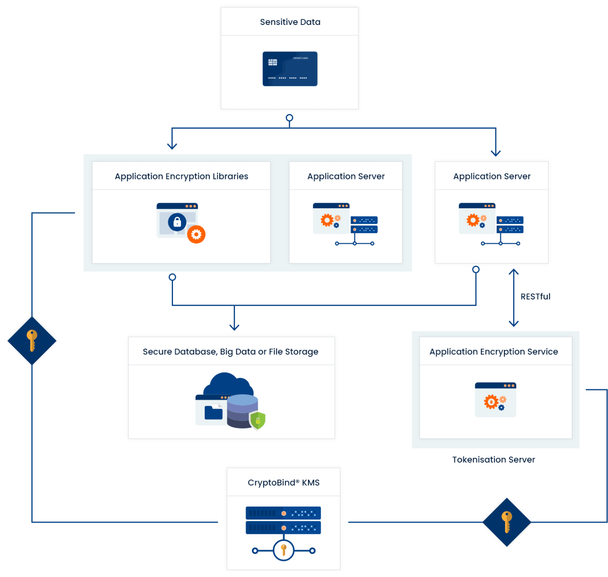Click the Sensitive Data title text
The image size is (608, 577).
click(290, 22)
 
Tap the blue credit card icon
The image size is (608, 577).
click(290, 69)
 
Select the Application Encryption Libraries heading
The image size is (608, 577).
click(181, 176)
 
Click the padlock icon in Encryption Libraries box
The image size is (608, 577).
click(177, 222)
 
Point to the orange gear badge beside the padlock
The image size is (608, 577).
click(196, 234)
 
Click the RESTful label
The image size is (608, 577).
click(535, 297)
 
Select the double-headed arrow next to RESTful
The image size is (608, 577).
click(513, 298)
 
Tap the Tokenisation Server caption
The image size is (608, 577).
click(494, 459)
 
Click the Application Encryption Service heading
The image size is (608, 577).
click(494, 352)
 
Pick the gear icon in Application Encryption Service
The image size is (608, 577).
click(491, 402)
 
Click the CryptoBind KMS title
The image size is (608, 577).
click(283, 482)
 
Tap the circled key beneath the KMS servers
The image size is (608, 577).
click(283, 550)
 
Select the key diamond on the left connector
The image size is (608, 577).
click(32, 341)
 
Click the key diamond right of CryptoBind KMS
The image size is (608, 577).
click(507, 522)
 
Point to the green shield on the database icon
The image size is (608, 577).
click(258, 420)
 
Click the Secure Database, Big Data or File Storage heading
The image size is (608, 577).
click(230, 352)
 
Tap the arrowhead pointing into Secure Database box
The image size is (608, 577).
click(234, 327)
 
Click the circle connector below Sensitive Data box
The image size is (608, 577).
click(289, 118)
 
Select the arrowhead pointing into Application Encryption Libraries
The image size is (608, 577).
click(172, 146)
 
